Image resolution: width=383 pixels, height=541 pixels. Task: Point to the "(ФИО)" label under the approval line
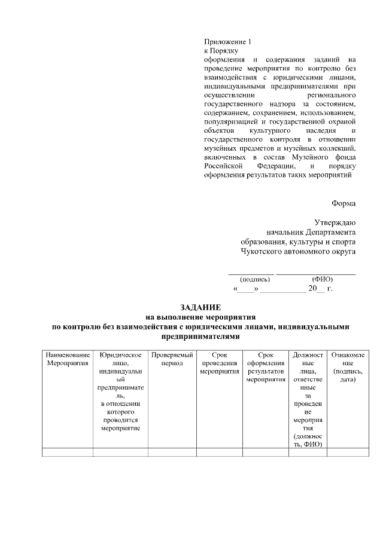(x=323, y=279)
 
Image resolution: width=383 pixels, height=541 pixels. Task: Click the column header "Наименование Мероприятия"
(x=68, y=359)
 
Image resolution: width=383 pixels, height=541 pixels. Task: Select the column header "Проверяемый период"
(x=172, y=359)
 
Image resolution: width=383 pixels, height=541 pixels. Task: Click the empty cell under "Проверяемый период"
(x=172, y=451)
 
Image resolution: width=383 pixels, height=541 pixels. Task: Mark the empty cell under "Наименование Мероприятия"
(x=68, y=451)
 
